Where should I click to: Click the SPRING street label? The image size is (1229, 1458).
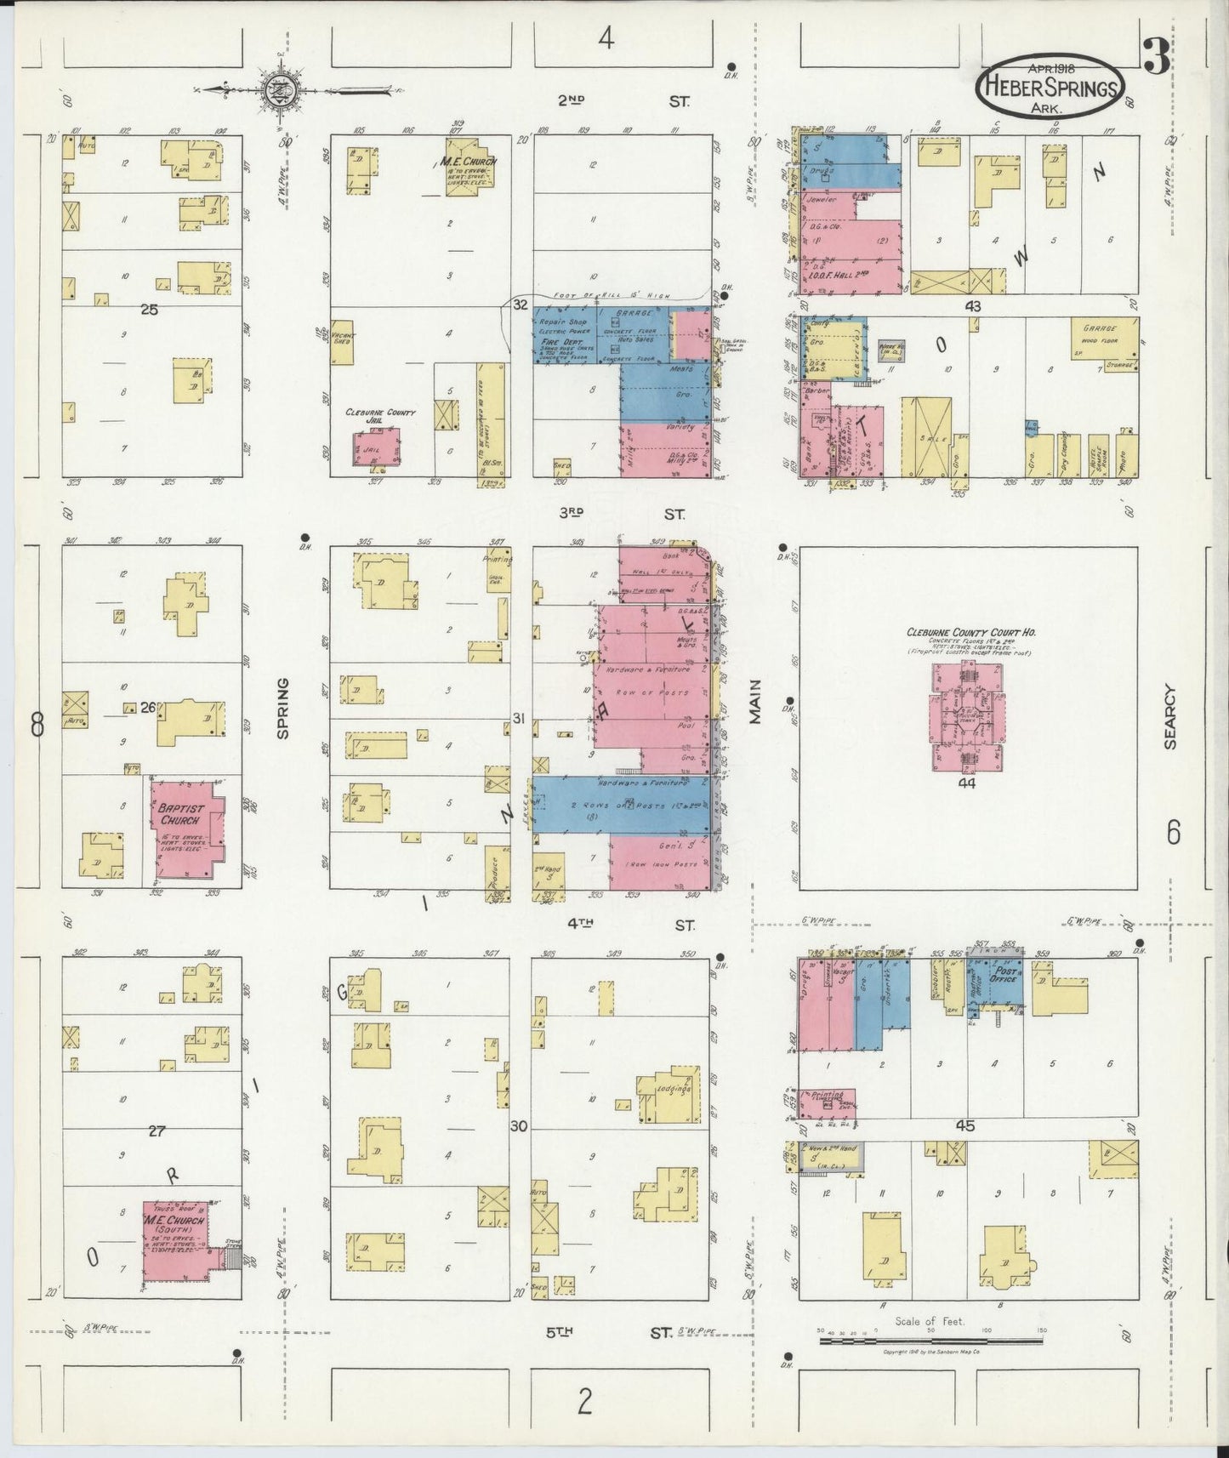(282, 708)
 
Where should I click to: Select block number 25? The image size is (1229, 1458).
(150, 310)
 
